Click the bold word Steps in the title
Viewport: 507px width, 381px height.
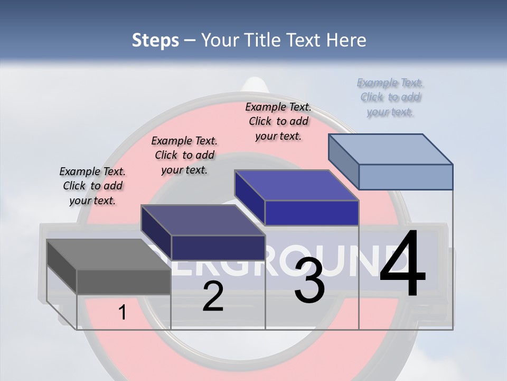pyautogui.click(x=155, y=40)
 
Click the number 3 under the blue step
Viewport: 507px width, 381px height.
pyautogui.click(x=309, y=281)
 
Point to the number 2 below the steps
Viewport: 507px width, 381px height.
pyautogui.click(x=213, y=296)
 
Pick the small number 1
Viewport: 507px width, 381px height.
pyautogui.click(x=123, y=312)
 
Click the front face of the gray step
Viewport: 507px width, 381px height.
pyautogui.click(x=124, y=282)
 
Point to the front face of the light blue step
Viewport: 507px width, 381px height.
pyautogui.click(x=406, y=177)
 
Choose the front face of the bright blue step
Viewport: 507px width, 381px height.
pyautogui.click(x=312, y=213)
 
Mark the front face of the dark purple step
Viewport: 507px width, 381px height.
pyautogui.click(x=218, y=248)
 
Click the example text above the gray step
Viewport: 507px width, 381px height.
pyautogui.click(x=92, y=186)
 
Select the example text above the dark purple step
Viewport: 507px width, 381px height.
pyautogui.click(x=184, y=155)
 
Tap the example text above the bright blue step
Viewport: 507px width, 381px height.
pyautogui.click(x=278, y=121)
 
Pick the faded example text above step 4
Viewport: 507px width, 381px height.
pyautogui.click(x=390, y=97)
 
